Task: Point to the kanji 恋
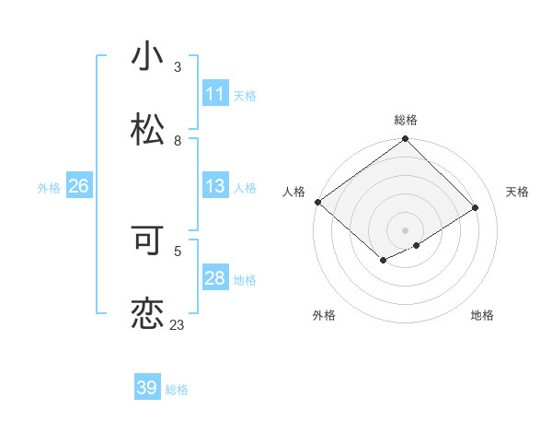tap(147, 313)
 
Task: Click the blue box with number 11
tap(214, 94)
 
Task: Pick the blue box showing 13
tap(214, 187)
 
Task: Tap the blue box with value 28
tap(214, 279)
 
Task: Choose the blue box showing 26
tap(78, 187)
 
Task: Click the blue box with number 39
tap(147, 388)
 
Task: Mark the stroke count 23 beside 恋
tap(177, 324)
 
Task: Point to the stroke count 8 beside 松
tap(178, 141)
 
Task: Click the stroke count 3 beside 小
tap(178, 67)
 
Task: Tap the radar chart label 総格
tap(406, 120)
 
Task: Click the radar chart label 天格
tap(517, 192)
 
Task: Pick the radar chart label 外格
tap(324, 315)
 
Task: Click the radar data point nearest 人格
tap(317, 202)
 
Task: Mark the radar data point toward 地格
tap(417, 245)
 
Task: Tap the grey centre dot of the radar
tap(406, 229)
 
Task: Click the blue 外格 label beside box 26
tap(49, 188)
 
